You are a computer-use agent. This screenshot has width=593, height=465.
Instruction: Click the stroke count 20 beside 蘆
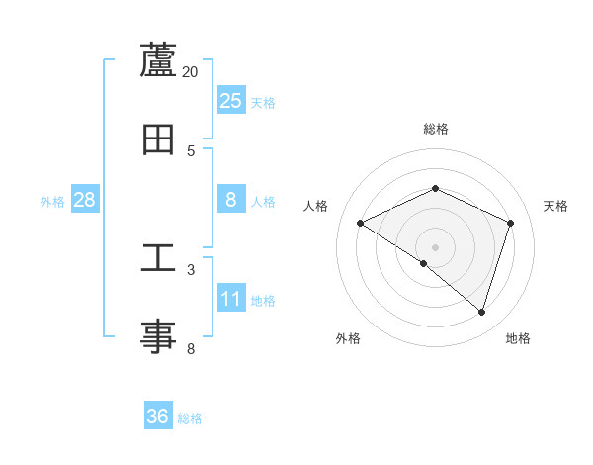click(191, 71)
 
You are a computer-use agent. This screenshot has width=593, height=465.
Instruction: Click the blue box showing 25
click(231, 100)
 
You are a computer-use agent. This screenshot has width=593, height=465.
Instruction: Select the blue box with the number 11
click(231, 299)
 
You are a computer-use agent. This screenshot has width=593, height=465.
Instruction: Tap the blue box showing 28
click(84, 200)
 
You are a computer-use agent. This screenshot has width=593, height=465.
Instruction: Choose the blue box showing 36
click(158, 417)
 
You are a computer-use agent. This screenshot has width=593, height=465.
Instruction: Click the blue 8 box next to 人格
click(231, 200)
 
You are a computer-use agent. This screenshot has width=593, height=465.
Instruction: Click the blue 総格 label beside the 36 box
click(190, 418)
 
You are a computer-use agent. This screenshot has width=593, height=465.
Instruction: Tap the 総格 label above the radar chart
click(436, 129)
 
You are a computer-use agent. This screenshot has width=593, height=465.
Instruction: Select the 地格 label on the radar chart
click(518, 338)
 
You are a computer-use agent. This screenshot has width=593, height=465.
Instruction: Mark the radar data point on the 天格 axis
click(511, 223)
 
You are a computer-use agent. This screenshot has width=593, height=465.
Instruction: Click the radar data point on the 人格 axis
click(361, 223)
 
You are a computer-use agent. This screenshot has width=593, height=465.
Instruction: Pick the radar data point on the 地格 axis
click(481, 312)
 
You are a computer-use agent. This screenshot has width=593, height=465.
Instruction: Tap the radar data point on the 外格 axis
click(424, 263)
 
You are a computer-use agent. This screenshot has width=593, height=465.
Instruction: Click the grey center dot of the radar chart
click(436, 246)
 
